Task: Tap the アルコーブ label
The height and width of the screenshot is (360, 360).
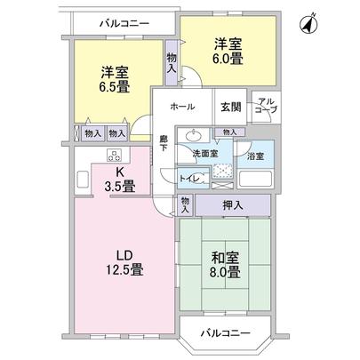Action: (266, 108)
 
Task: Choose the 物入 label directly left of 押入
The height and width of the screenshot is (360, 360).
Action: (184, 204)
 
